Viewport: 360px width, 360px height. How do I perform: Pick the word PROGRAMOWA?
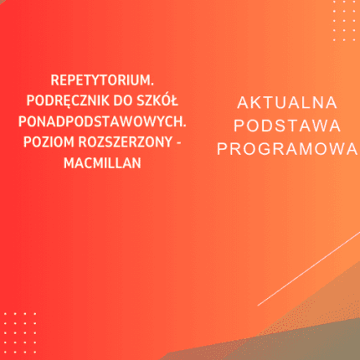point(287,148)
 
